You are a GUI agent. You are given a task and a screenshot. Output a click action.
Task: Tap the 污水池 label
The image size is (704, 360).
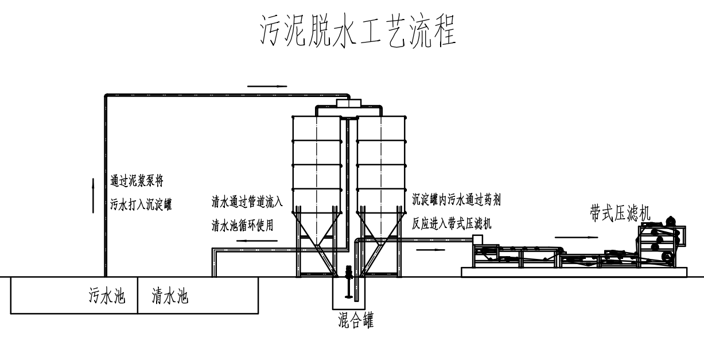click(107, 297)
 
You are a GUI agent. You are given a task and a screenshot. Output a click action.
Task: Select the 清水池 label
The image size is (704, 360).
click(170, 297)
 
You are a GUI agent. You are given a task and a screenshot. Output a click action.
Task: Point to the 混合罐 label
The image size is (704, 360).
click(356, 321)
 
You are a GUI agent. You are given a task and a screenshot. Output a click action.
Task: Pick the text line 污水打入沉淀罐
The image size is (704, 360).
click(141, 203)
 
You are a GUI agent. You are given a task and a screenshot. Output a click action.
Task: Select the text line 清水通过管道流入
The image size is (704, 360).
click(247, 202)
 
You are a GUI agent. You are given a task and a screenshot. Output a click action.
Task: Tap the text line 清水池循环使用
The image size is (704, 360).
click(242, 225)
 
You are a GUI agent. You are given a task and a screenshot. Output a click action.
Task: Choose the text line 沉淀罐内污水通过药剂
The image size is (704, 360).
click(457, 200)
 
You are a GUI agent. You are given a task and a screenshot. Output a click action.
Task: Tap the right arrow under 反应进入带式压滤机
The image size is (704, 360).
click(429, 250)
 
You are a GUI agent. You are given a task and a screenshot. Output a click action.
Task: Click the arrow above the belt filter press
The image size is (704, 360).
click(573, 236)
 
